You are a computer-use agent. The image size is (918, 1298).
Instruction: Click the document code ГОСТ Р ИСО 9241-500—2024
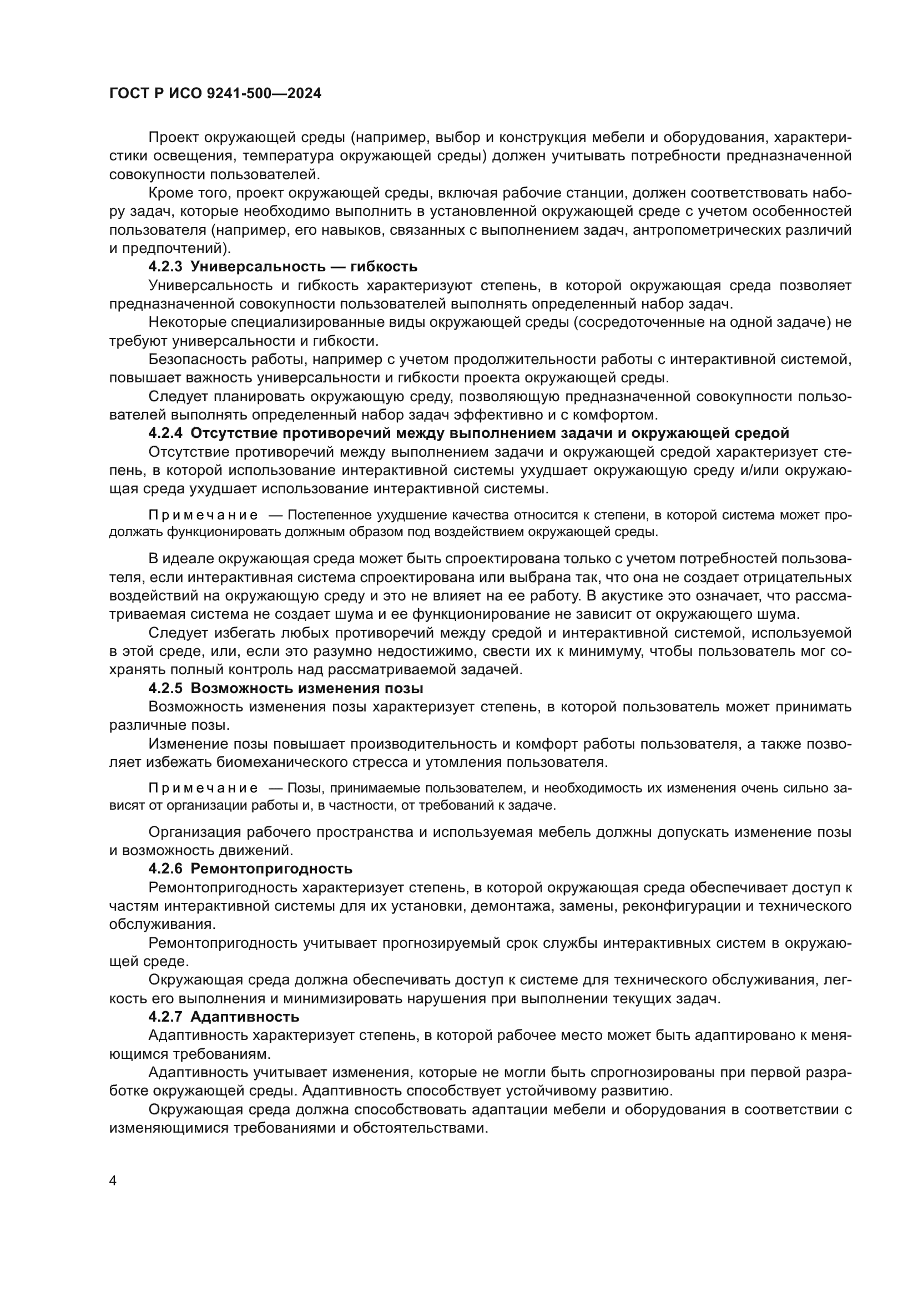pos(215,94)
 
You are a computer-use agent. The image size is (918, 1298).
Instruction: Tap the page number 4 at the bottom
pos(113,1181)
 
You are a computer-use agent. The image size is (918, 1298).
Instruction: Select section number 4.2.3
pos(165,266)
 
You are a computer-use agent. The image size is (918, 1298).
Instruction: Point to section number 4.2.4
pos(165,433)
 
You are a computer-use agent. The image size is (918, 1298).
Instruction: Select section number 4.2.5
pos(165,688)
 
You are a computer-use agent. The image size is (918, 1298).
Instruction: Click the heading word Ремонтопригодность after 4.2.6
pos(271,868)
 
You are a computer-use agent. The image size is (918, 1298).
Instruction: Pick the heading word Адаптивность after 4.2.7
pos(245,1017)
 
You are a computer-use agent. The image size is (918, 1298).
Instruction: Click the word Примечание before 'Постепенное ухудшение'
pos(203,515)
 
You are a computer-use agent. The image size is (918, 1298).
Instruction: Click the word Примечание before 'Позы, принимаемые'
pos(203,788)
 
